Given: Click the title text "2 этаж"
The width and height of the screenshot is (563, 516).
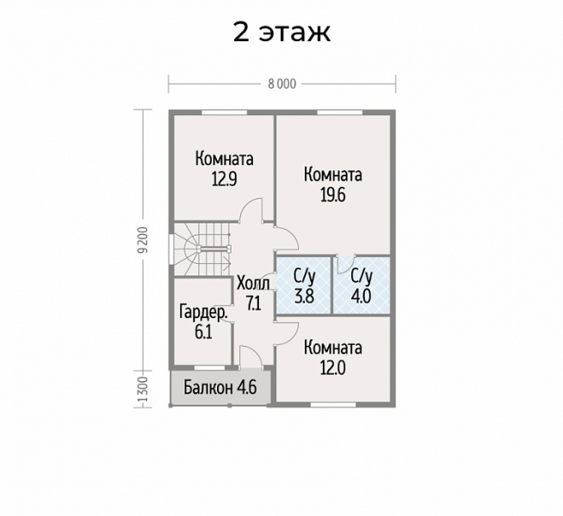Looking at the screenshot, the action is [x=281, y=33].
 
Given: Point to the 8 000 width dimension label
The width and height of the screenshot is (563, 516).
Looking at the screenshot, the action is [x=282, y=84].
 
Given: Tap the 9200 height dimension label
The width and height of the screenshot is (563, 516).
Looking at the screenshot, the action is [x=143, y=240].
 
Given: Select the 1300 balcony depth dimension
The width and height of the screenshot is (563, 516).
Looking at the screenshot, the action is [x=143, y=390].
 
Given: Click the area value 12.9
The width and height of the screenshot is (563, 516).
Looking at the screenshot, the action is [x=225, y=179].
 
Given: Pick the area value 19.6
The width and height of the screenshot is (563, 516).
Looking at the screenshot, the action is [x=333, y=195].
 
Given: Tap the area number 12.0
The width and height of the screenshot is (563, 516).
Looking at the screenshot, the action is [x=333, y=368].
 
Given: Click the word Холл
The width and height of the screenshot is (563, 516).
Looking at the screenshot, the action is [x=253, y=284].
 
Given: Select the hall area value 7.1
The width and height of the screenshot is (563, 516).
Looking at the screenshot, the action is [x=253, y=304].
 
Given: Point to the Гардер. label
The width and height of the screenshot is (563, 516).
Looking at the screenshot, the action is [x=203, y=313].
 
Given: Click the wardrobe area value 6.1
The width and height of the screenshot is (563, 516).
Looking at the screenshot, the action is [x=203, y=333].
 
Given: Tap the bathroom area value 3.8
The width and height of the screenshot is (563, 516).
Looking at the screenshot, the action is [x=304, y=297].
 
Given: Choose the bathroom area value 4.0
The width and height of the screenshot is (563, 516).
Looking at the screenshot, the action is [x=362, y=297].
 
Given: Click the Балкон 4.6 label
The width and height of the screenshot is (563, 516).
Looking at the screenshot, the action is [x=220, y=388].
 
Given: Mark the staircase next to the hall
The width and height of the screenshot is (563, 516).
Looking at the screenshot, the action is [x=202, y=249].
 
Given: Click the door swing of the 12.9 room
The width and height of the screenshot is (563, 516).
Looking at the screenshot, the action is [x=251, y=210].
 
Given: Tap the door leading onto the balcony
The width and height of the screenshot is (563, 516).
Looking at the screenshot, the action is [x=251, y=356].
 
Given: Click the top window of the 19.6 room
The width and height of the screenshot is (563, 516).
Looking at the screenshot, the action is [x=340, y=113].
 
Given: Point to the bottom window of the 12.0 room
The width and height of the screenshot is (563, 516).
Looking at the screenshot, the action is [x=333, y=405].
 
